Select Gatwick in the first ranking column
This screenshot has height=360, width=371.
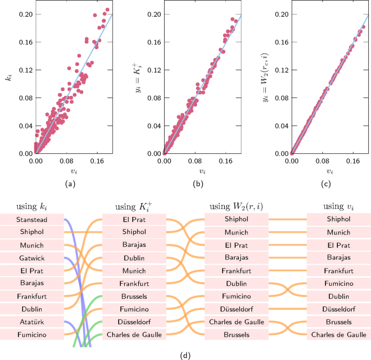[x=31, y=258]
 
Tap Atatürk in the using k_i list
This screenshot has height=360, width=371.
[x=31, y=323]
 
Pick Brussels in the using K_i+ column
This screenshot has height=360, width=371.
[x=134, y=297]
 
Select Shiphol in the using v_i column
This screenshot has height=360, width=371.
[x=339, y=219]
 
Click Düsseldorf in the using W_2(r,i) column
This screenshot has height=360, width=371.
[x=236, y=309]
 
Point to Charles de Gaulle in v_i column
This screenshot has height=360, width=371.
[x=339, y=335]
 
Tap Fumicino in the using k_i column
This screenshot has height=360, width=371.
[x=31, y=336]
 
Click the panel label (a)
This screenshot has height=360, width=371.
[x=69, y=185]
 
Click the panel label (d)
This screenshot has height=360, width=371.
[x=186, y=356]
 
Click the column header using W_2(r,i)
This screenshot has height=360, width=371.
[x=236, y=206]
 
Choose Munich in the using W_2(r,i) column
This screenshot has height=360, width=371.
[x=236, y=232]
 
